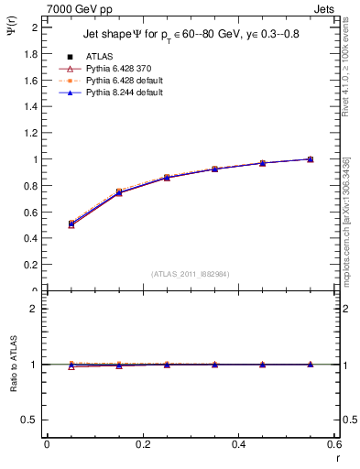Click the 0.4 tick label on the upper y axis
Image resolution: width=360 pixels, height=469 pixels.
click(33, 238)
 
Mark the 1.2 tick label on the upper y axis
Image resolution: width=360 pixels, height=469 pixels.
click(33, 133)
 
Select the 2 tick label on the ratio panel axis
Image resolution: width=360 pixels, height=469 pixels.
click(37, 309)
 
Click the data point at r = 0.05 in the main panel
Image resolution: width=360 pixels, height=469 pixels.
click(71, 224)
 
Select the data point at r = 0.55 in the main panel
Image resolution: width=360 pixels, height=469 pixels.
click(311, 159)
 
